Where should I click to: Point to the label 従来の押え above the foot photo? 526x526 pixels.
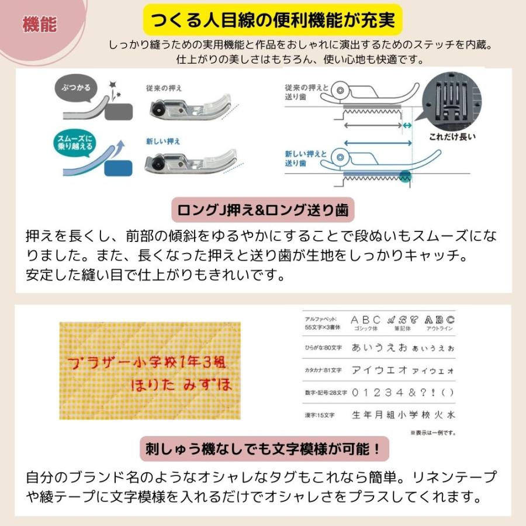(164, 88)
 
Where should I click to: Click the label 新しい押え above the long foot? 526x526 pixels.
(164, 141)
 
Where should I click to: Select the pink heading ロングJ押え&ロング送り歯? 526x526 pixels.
(264, 210)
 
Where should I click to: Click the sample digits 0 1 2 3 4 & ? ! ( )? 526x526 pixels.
(402, 392)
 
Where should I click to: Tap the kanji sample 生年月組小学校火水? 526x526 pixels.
(402, 415)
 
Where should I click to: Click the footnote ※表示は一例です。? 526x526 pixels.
(432, 433)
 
